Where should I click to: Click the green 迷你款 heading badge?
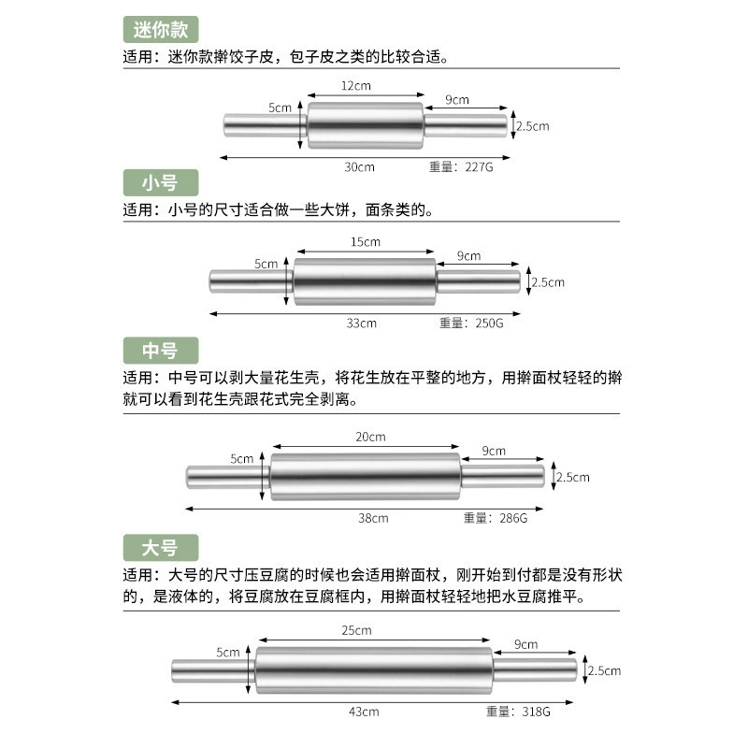[x=161, y=30]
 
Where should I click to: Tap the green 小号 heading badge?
[x=161, y=182]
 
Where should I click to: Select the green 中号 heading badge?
[x=161, y=351]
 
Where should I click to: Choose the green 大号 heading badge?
[x=161, y=548]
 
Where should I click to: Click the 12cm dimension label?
[x=356, y=86]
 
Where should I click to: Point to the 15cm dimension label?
[x=366, y=242]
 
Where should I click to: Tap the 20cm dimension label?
[x=370, y=437]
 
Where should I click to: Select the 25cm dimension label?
[x=356, y=630]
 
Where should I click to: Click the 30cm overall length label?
[x=360, y=167]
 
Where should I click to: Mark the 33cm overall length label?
[x=362, y=323]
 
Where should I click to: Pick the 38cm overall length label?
[x=373, y=518]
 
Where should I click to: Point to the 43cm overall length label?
[x=364, y=712]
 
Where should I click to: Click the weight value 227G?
[x=479, y=167]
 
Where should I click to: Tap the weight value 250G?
[x=489, y=323]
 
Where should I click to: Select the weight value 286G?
[x=513, y=518]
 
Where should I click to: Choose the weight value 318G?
[x=536, y=712]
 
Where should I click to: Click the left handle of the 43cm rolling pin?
[x=214, y=670]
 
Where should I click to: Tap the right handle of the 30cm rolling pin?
[x=465, y=125]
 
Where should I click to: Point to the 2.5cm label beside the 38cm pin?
[x=573, y=477]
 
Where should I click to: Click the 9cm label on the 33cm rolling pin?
[x=469, y=255]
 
